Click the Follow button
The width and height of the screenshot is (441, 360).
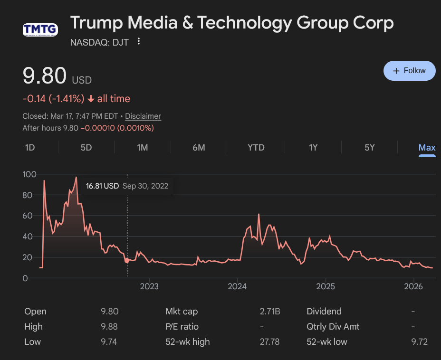[x=409, y=71]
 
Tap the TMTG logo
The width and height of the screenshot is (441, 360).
[x=40, y=30]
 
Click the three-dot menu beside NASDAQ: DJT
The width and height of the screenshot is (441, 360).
[x=139, y=41]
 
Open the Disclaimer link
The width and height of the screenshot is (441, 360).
[x=143, y=116]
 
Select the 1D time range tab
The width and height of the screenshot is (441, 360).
[x=30, y=148]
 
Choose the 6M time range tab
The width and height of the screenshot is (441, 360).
[x=199, y=148]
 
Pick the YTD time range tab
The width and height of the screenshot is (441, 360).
[x=256, y=148]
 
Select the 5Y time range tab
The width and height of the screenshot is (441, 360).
[x=370, y=148]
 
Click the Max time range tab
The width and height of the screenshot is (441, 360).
[x=427, y=148]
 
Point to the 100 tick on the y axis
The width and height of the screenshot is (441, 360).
[x=29, y=174]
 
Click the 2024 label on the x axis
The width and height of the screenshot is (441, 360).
[x=237, y=286]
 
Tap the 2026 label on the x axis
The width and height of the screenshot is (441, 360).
[x=413, y=286]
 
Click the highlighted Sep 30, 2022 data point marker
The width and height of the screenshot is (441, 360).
[x=127, y=260]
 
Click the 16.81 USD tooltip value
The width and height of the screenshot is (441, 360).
[x=102, y=186]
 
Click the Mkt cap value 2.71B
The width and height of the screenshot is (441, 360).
[x=270, y=312]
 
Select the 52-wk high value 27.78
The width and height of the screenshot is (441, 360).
[x=269, y=342]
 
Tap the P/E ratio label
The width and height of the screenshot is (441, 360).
[x=182, y=327]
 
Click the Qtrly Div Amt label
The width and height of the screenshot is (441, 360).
[x=333, y=327]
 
